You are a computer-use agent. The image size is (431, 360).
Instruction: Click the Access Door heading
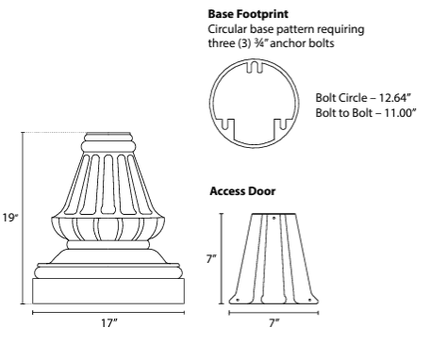(x=241, y=191)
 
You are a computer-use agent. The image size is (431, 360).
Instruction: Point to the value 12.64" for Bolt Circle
(x=395, y=99)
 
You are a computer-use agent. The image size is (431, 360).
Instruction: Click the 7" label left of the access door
(x=212, y=255)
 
